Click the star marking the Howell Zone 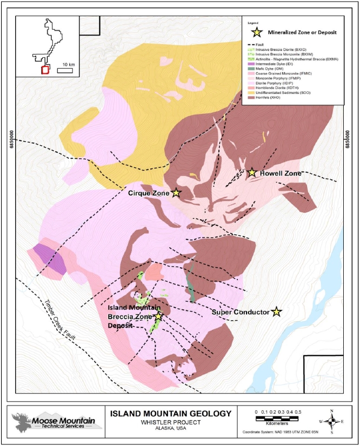point(252,172)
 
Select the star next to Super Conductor point(277,312)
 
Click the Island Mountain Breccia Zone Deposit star point(158,316)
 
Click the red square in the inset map point(45,69)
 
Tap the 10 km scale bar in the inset point(65,69)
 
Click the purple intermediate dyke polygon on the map point(49,259)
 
